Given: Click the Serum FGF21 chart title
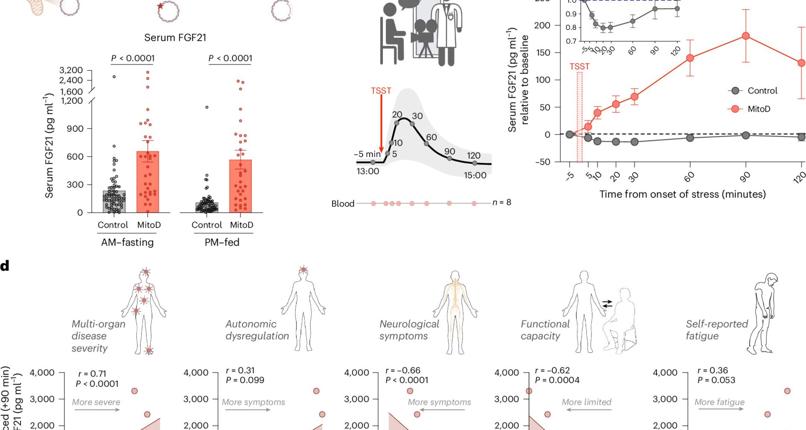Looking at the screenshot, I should (x=175, y=38).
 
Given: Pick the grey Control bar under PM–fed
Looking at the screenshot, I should (x=207, y=207).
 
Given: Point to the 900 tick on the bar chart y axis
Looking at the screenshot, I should (x=75, y=128).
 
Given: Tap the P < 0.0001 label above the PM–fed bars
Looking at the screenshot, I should (x=230, y=58).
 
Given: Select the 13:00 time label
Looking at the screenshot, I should (x=368, y=171).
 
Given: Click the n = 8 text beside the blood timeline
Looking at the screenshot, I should (x=502, y=202).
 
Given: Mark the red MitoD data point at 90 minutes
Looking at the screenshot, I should (x=746, y=36).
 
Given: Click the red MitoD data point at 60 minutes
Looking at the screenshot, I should (x=690, y=58).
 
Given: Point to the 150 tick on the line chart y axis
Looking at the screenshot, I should (x=543, y=52).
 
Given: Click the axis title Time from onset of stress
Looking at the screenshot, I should (x=682, y=194).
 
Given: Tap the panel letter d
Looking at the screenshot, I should (x=5, y=266).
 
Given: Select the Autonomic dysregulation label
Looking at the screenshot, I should (x=257, y=330).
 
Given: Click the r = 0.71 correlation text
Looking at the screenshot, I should (x=92, y=374).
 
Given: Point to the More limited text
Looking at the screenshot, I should (x=586, y=402).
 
